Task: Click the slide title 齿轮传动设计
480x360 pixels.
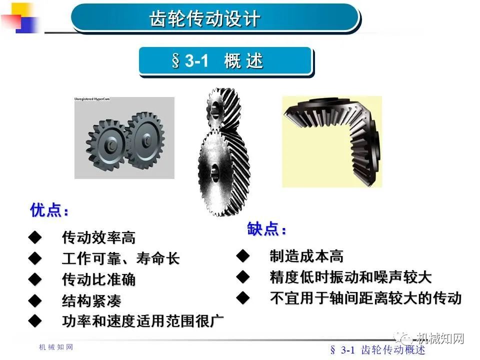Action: [205, 19]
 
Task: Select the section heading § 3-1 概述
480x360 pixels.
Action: [217, 61]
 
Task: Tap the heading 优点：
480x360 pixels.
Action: [49, 210]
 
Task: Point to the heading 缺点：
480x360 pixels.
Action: [267, 229]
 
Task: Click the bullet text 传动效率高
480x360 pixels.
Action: [98, 237]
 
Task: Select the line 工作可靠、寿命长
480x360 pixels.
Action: [120, 258]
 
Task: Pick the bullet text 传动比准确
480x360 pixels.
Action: [98, 279]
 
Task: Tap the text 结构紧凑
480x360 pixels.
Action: [91, 301]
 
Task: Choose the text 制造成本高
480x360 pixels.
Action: [306, 256]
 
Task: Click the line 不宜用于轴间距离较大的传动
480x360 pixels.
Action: [365, 298]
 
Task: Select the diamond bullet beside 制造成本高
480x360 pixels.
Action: [242, 256]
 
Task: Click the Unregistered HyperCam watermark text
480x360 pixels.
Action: [92, 99]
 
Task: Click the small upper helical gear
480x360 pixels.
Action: [220, 107]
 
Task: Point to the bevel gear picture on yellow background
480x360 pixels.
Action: [331, 141]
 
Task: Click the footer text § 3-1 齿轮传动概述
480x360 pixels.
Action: [378, 350]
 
